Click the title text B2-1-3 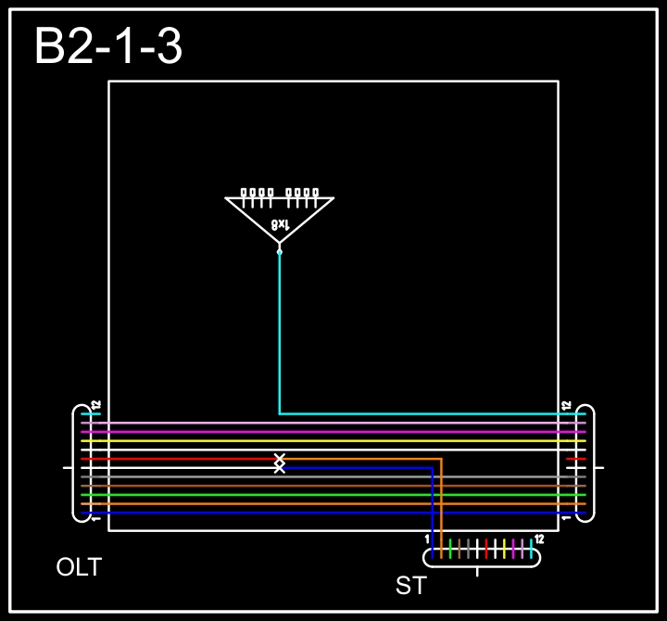tap(107, 46)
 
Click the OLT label tap(79, 566)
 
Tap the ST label tap(410, 585)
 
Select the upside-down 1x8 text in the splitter tap(280, 224)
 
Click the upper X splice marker tap(280, 458)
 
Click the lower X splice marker tap(280, 468)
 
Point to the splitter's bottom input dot tap(280, 250)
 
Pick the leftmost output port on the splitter tap(245, 193)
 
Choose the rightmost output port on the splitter tap(315, 193)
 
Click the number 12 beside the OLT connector tap(96, 405)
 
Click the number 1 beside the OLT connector tap(96, 518)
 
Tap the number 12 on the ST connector tap(539, 539)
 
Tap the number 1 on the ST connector tap(427, 539)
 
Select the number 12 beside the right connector tap(566, 405)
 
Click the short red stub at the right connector tap(576, 459)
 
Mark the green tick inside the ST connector tap(450, 548)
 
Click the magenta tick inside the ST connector tap(513, 548)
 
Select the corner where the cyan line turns tap(280, 413)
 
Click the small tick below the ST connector tap(477, 571)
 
